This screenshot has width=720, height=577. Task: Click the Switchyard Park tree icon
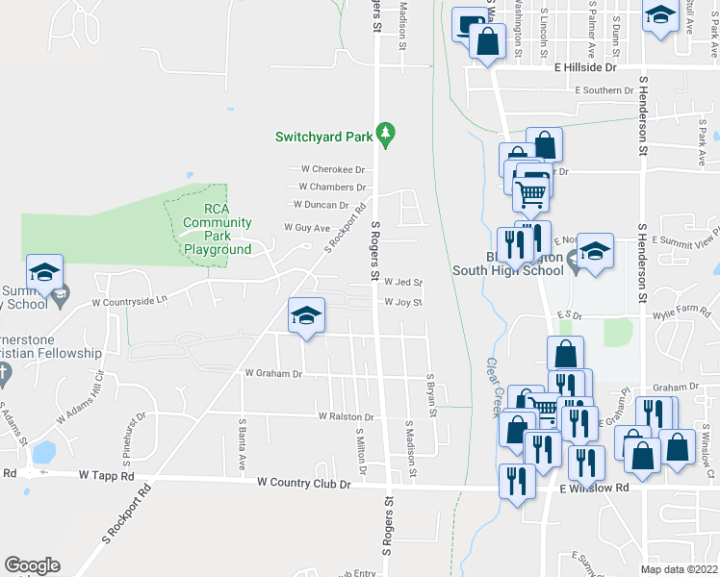point(385,135)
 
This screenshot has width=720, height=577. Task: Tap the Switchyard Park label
point(323,136)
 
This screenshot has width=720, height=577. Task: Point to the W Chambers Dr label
point(333,187)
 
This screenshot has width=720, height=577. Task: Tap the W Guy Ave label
point(307,228)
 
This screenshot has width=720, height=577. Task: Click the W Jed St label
point(403,283)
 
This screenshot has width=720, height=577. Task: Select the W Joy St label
point(403,302)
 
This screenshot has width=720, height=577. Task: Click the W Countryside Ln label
point(129,301)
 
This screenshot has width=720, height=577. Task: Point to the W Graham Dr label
point(274,373)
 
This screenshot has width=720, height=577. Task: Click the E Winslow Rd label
point(594,488)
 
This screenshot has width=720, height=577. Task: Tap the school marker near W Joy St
point(306,316)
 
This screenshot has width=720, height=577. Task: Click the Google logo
point(33,565)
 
